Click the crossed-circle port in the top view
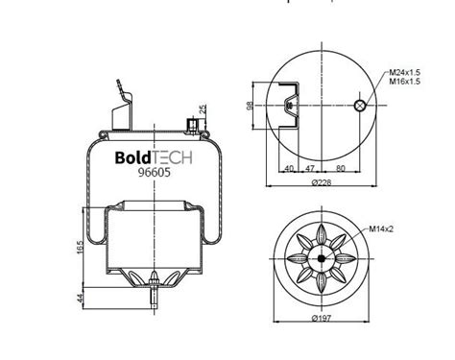358,106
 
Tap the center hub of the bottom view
322,256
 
